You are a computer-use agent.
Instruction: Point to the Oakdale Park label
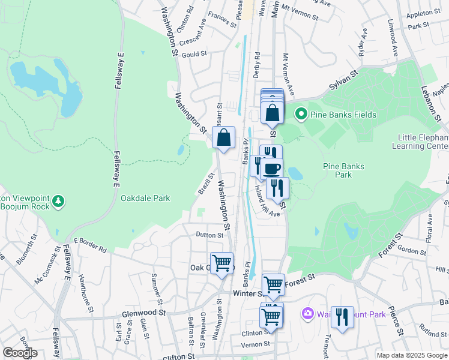tap(145, 198)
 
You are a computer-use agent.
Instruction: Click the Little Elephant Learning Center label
tap(420, 142)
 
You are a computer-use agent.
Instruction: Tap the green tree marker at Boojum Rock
tap(58, 201)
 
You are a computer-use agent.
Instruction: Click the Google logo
tap(20, 353)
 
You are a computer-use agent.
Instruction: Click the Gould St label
tap(194, 54)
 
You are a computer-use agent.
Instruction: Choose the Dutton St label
tap(209, 235)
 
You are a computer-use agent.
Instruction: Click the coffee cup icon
tap(272, 169)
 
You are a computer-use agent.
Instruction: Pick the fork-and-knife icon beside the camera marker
tap(342, 316)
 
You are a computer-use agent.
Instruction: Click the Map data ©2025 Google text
tap(411, 355)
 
